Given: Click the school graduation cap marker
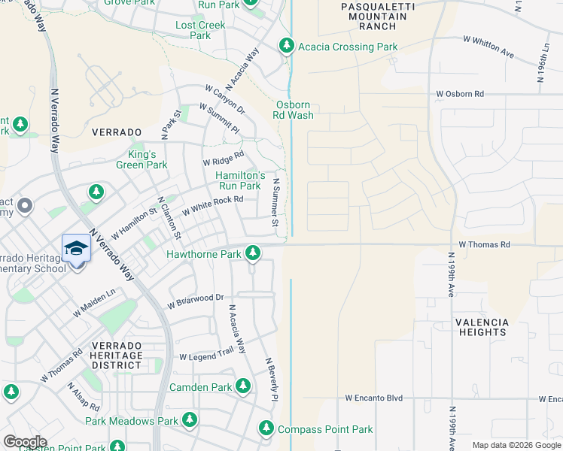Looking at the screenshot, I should [x=76, y=247].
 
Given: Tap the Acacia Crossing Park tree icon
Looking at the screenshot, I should [x=286, y=47].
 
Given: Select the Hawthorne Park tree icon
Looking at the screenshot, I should [x=254, y=254].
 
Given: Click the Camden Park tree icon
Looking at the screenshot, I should [x=242, y=387].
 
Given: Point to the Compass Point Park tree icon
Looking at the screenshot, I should [x=266, y=429].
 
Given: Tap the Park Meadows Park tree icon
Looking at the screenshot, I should [x=190, y=421].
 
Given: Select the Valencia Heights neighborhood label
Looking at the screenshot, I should [x=482, y=327].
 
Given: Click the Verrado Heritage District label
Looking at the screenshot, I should [x=117, y=355].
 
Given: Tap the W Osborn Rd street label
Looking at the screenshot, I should [x=460, y=94].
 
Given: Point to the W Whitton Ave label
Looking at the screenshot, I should [x=488, y=47].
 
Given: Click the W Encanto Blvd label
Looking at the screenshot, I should [x=374, y=398].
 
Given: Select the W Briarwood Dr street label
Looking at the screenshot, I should [x=196, y=301].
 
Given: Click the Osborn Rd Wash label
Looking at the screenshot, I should [x=294, y=110].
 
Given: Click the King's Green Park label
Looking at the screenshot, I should [x=142, y=159].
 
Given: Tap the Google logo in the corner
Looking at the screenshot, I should [x=25, y=442].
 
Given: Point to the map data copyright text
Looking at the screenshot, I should [x=516, y=445].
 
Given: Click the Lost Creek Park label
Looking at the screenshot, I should [x=200, y=30].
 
